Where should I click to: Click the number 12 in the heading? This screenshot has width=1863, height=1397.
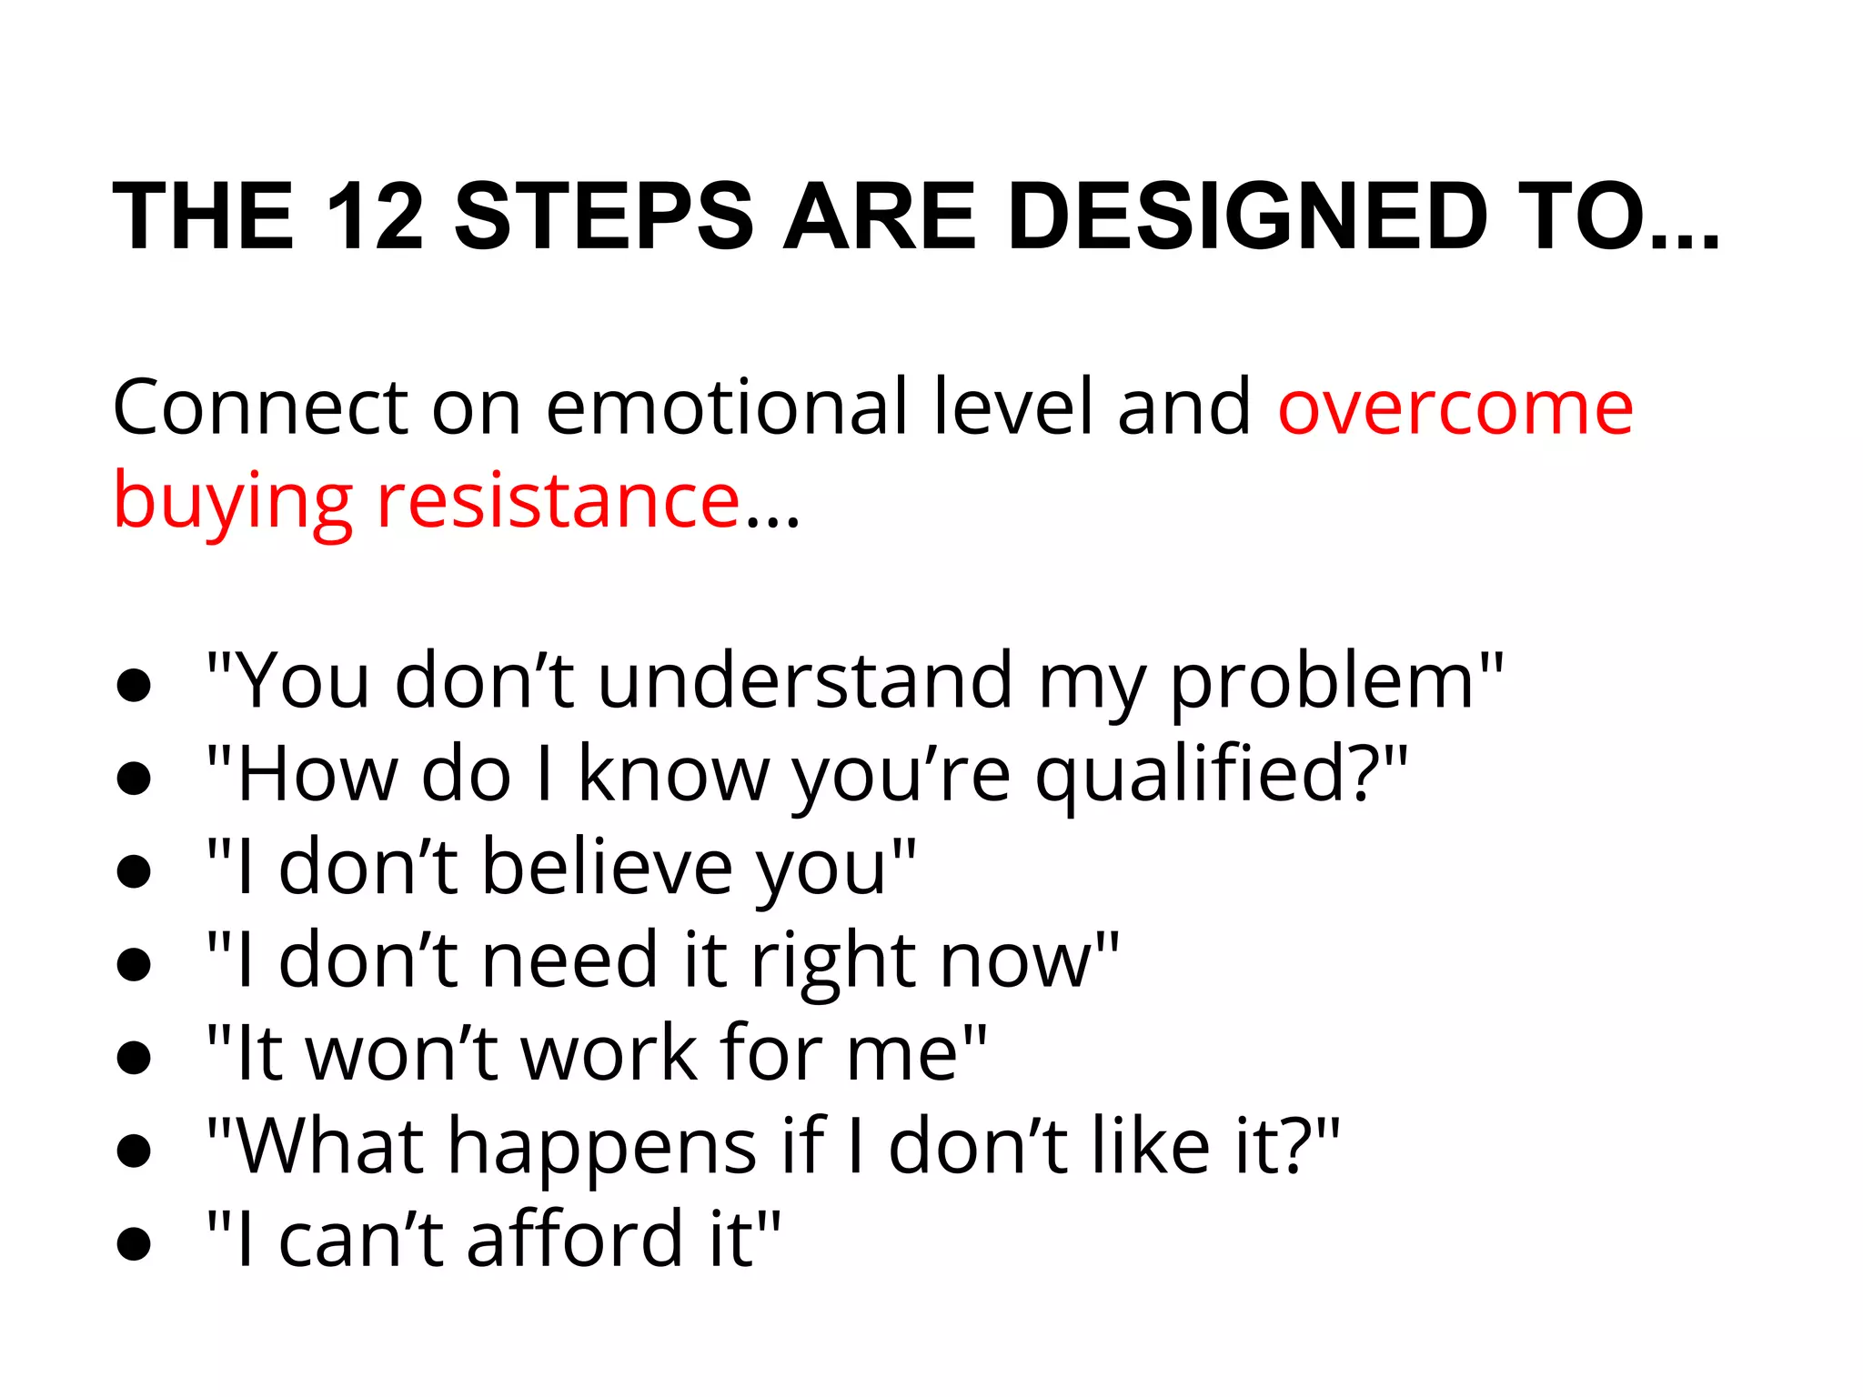(x=375, y=216)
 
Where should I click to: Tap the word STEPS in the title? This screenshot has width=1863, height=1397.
(x=604, y=216)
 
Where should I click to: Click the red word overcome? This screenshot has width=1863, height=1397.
(x=1455, y=408)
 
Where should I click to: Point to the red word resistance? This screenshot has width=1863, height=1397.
(x=558, y=500)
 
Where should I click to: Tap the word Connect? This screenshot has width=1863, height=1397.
(x=260, y=408)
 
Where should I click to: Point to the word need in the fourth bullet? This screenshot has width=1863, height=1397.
(x=569, y=960)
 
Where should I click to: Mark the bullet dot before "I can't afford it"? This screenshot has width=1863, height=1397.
(x=134, y=1243)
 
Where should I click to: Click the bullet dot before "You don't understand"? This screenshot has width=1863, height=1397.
(x=134, y=686)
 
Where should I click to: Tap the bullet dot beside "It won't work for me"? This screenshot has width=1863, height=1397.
(x=134, y=1058)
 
